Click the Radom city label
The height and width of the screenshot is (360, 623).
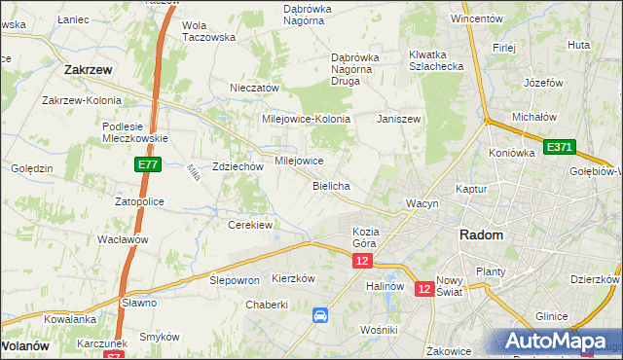(x=481, y=235)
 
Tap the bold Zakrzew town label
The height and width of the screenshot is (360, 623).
(x=92, y=70)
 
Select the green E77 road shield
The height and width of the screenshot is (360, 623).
(x=148, y=166)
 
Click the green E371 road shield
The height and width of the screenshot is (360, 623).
(x=560, y=147)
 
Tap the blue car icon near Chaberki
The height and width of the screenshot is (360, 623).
(x=320, y=314)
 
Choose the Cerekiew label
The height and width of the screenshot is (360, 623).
(x=249, y=225)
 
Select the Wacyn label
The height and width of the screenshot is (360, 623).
(x=423, y=203)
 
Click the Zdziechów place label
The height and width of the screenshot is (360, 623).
(x=238, y=166)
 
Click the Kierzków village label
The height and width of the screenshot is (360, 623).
(x=294, y=277)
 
